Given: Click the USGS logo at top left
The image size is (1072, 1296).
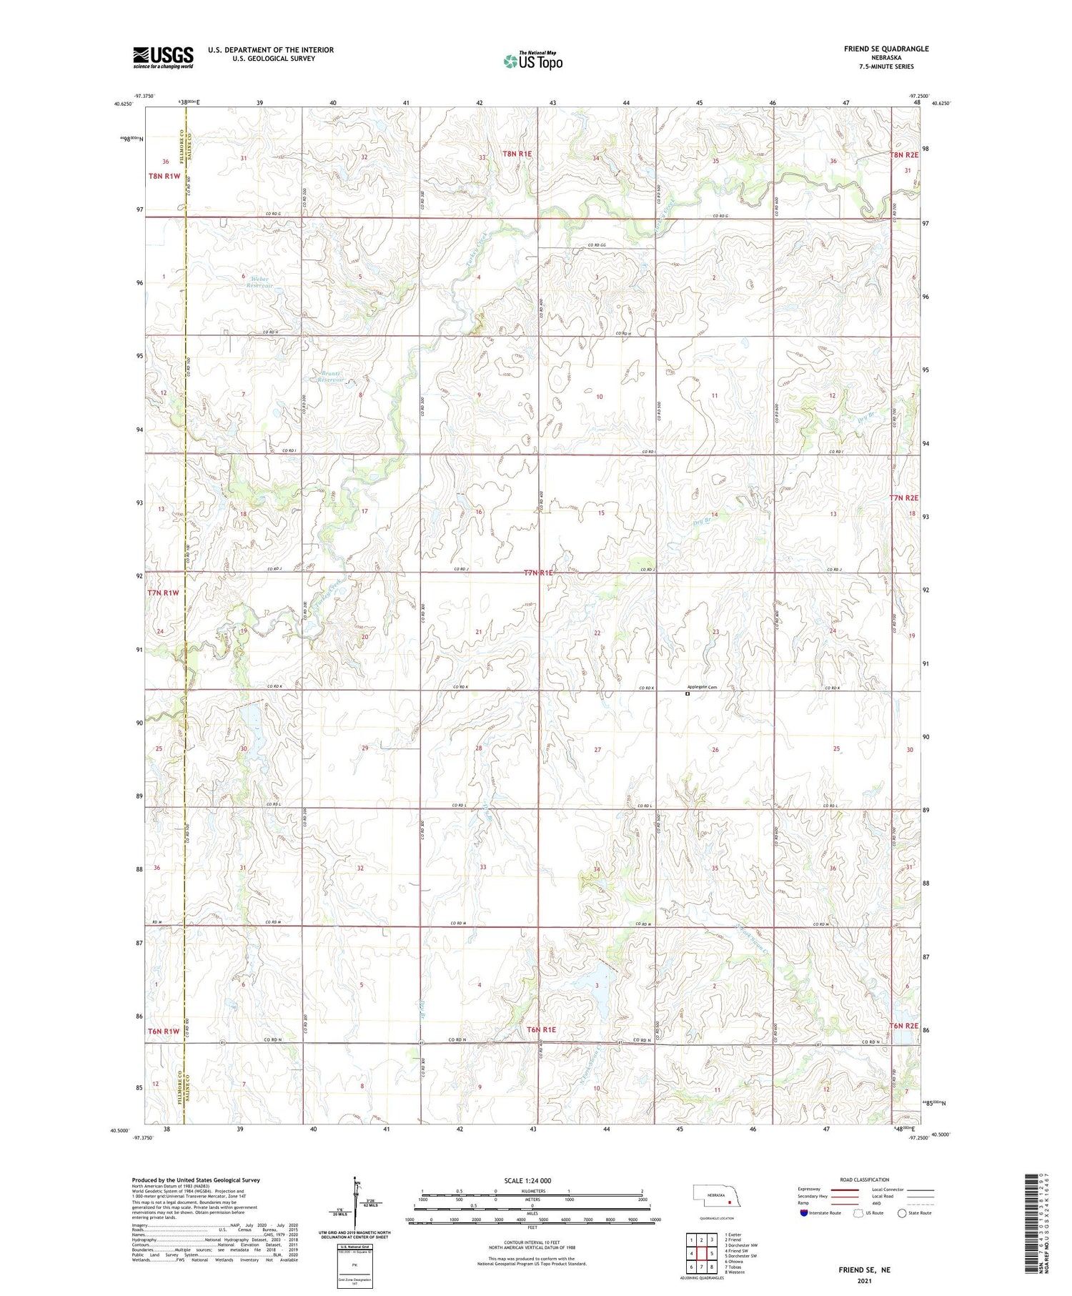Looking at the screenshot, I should pyautogui.click(x=163, y=57).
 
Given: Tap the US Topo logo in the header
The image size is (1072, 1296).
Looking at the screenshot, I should pyautogui.click(x=532, y=61).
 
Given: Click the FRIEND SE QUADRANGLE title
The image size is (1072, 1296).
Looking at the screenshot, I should pyautogui.click(x=886, y=49).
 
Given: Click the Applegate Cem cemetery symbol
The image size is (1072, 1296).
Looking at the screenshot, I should pyautogui.click(x=688, y=693).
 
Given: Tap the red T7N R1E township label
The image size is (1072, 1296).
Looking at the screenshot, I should pyautogui.click(x=539, y=573).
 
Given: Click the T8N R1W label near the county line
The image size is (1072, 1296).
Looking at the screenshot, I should pyautogui.click(x=164, y=176).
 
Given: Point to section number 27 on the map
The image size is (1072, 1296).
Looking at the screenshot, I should pyautogui.click(x=597, y=750).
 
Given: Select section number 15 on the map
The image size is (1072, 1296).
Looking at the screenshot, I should pyautogui.click(x=601, y=513).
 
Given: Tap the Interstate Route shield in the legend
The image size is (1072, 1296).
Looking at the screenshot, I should pyautogui.click(x=804, y=1212).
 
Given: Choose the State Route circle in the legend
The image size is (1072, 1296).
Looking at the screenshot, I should pyautogui.click(x=902, y=1212).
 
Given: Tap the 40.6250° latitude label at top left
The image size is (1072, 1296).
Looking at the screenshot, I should pyautogui.click(x=123, y=104).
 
